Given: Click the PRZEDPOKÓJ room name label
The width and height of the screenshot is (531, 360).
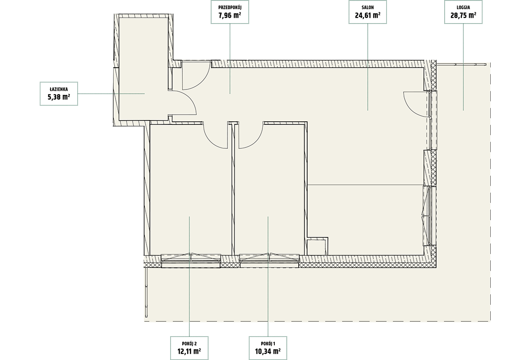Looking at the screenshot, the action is pyautogui.click(x=230, y=8).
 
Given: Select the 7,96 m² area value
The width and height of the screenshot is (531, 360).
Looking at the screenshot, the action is pyautogui.click(x=230, y=15).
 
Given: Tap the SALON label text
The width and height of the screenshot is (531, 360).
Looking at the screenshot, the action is pyautogui.click(x=368, y=8).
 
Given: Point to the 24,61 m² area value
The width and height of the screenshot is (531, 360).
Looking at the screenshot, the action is pyautogui.click(x=368, y=15).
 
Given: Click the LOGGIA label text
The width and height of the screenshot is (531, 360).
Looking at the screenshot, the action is pyautogui.click(x=463, y=8).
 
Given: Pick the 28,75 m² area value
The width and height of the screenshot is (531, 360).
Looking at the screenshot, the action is pyautogui.click(x=463, y=15).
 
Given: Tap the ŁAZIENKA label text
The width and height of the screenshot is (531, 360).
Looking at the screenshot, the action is pyautogui.click(x=59, y=89).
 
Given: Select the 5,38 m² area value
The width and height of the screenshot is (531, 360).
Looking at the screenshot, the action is pyautogui.click(x=59, y=97).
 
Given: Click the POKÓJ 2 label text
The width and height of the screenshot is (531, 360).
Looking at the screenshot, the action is pyautogui.click(x=189, y=344).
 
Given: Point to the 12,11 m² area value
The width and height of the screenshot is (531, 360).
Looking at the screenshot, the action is pyautogui.click(x=189, y=351).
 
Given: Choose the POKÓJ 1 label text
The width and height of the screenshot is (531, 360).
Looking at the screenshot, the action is pyautogui.click(x=268, y=344).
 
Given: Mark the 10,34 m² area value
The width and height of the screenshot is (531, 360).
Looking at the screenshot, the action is pyautogui.click(x=268, y=351).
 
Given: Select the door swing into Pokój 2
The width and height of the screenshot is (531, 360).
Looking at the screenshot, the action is pyautogui.click(x=211, y=141).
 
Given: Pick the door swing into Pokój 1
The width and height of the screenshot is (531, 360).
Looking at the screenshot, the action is pyautogui.click(x=257, y=142).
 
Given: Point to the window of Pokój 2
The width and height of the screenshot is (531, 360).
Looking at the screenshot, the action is pyautogui.click(x=191, y=260).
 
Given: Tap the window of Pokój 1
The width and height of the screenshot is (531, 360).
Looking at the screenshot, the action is pyautogui.click(x=269, y=260).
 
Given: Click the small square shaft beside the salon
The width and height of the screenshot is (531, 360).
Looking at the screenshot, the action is pyautogui.click(x=316, y=248).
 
